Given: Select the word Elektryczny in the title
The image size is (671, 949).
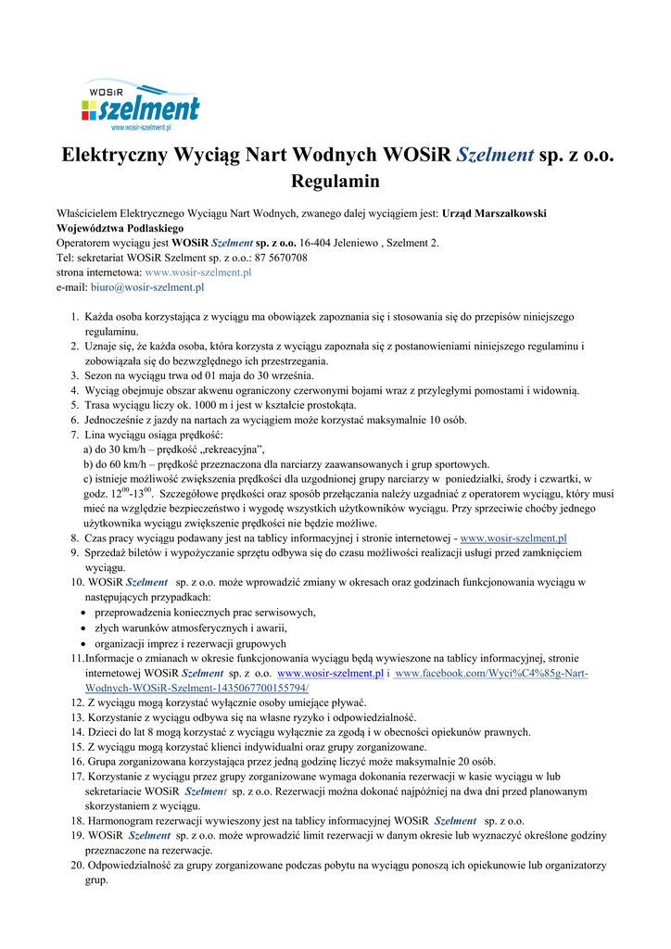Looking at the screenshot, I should (x=120, y=154).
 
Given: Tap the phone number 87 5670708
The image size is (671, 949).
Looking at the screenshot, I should (x=277, y=258).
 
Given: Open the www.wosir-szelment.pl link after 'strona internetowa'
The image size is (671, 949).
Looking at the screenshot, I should (x=198, y=272).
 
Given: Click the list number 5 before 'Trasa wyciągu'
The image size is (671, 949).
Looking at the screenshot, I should (x=75, y=405).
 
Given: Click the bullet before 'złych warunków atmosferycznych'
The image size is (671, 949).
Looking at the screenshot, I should (x=85, y=627).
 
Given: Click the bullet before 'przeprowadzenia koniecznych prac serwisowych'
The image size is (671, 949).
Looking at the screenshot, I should (x=85, y=613).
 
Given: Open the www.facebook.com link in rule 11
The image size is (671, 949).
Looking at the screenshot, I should (x=490, y=673).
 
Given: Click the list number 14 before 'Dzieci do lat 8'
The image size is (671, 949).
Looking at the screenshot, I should (x=78, y=732).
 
